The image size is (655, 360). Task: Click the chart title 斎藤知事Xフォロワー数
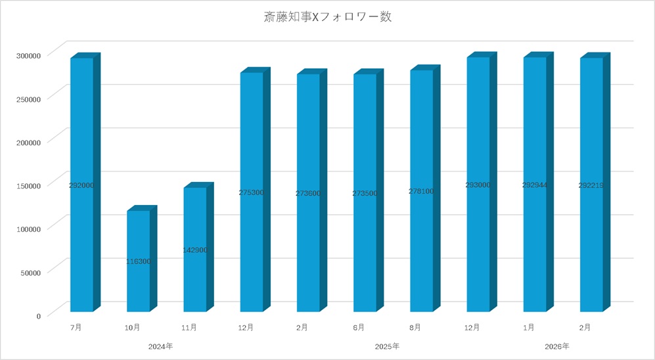coord(326,18)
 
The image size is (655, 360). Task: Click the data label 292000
coord(81,185)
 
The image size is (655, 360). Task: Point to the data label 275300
coord(252,192)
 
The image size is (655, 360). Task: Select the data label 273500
coord(365,193)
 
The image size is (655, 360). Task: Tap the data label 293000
coord(478,185)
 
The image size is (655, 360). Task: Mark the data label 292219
coord(591,185)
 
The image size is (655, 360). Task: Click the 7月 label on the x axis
coord(77,326)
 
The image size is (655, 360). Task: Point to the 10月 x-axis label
coord(132,326)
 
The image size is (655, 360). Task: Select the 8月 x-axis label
coord(415,326)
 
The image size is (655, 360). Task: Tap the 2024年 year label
coord(160,346)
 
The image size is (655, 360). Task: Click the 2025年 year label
coord(387,346)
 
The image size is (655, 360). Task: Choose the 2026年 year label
coord(557,346)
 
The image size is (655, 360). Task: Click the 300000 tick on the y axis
coord(29,55)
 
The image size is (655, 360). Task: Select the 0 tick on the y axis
coord(38,316)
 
